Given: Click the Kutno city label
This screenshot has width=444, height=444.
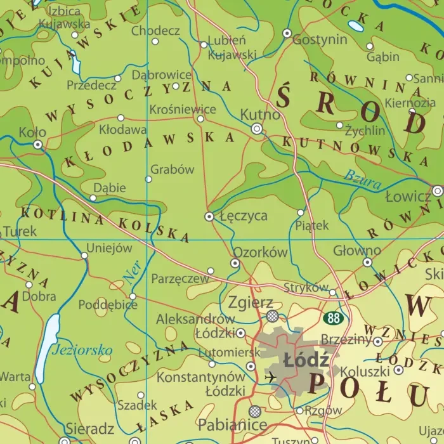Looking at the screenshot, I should tap(260, 115).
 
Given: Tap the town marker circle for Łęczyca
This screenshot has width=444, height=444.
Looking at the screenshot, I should tap(209, 216).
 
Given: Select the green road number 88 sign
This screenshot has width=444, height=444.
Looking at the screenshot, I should tap(332, 317).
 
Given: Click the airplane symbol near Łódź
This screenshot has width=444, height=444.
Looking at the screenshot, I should tap(271, 377).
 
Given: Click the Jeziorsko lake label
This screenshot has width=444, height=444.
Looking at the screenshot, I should tap(82, 349).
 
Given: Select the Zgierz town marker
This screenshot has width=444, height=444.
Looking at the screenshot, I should tap(273, 315).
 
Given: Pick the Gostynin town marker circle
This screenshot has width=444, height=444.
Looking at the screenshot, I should tap(287, 32).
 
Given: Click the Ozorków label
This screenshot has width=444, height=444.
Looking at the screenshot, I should tap(261, 252).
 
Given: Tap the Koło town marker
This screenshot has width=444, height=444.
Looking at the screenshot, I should tap(38, 145).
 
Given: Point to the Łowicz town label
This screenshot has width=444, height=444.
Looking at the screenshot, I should tap(408, 197).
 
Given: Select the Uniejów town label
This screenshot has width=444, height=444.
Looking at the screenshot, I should tap(108, 248).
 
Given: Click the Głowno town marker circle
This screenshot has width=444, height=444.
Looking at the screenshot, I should tap(367, 262).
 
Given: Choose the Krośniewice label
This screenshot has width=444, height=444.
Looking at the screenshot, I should tap(183, 109).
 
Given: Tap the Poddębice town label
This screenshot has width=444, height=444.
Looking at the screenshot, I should tap(108, 304).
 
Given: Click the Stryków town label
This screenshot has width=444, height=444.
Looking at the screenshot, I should tap(306, 287).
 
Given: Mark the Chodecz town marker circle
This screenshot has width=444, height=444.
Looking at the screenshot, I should tap(155, 41).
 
